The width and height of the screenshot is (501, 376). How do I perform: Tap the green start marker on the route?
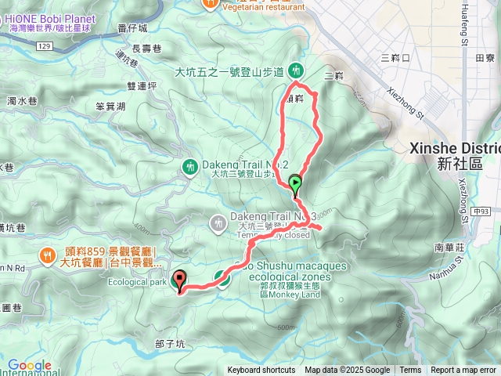296,185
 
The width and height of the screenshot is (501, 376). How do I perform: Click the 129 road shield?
45,47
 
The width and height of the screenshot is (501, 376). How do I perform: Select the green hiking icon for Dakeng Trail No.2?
189,165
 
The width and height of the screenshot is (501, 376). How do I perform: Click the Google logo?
29,366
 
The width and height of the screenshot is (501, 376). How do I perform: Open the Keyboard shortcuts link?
261,371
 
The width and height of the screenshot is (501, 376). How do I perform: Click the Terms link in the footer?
410,371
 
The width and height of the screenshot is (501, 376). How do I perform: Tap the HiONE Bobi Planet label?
50,19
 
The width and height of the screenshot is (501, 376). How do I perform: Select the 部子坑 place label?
170,343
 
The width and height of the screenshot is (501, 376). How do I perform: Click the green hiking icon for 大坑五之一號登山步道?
296,69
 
